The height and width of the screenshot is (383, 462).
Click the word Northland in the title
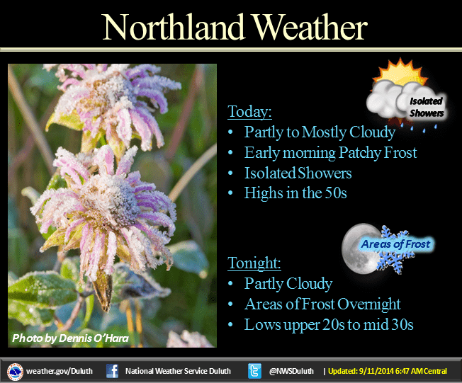[174, 27]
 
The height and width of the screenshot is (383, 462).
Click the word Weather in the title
[310, 27]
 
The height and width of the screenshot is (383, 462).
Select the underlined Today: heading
[249, 112]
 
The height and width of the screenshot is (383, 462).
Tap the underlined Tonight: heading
[254, 263]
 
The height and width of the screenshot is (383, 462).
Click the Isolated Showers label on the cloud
[427, 107]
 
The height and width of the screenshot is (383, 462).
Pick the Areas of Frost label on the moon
[395, 244]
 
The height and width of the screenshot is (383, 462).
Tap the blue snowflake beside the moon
[395, 250]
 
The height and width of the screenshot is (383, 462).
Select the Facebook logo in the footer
[112, 371]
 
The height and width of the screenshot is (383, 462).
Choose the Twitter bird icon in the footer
[254, 371]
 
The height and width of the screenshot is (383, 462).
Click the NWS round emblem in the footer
[15, 372]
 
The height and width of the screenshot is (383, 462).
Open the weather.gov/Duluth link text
[60, 371]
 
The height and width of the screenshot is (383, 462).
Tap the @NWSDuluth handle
[291, 371]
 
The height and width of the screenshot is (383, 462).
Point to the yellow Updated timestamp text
[388, 371]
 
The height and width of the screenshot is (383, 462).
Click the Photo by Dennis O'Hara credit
[70, 338]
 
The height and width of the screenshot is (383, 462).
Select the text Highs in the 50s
[295, 193]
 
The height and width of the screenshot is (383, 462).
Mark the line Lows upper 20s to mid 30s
[329, 325]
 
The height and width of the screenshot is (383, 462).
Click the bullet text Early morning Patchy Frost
[331, 153]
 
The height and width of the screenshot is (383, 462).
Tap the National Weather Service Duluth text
[178, 371]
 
